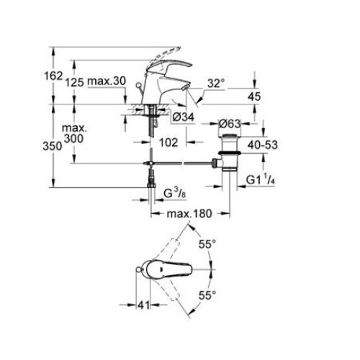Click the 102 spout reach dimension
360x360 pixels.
tap(168, 143)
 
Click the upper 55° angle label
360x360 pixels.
tap(207, 246)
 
